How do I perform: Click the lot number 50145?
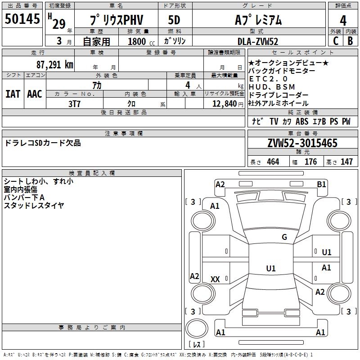tap(22, 18)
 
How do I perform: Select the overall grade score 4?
tap(343, 20)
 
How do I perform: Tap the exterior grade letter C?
tap(336, 41)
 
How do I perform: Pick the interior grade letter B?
tap(350, 41)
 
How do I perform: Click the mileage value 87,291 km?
tap(55, 64)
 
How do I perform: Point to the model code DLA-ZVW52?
tap(258, 41)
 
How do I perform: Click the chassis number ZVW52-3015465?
tap(302, 143)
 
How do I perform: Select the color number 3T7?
tap(74, 104)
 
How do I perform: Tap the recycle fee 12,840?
tap(225, 103)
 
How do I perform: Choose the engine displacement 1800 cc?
tap(141, 41)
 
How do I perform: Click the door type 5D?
tap(174, 20)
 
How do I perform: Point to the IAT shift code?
tap(13, 94)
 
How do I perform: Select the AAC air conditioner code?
tap(35, 94)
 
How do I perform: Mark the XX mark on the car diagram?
tap(215, 279)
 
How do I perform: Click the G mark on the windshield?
tap(284, 237)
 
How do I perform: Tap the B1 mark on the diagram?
tap(321, 184)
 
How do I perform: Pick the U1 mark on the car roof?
tap(271, 268)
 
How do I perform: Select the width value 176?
tap(310, 162)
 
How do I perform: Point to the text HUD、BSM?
tap(272, 87)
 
